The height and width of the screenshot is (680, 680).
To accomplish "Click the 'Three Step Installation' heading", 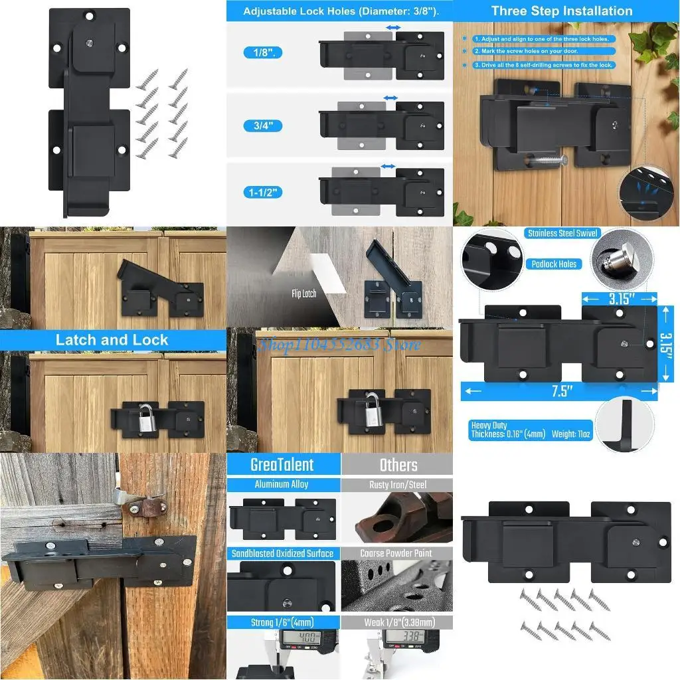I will (x=562, y=11).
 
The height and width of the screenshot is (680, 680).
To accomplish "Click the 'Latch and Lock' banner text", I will (x=112, y=340).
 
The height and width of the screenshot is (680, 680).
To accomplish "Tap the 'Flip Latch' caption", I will (x=303, y=293).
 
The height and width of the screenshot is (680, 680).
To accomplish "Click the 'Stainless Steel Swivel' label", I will (x=562, y=233).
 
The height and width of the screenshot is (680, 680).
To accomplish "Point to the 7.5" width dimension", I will (x=561, y=391).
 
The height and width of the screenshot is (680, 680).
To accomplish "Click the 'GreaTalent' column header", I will (x=282, y=465).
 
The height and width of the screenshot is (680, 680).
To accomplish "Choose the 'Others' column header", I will (x=398, y=465).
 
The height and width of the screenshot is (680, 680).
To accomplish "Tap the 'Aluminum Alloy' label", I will (x=282, y=485).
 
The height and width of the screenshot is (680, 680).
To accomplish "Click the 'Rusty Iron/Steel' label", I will (x=398, y=485).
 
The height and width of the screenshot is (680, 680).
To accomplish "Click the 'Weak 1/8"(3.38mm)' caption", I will (x=398, y=622).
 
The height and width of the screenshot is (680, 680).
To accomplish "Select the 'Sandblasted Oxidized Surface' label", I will (x=282, y=553).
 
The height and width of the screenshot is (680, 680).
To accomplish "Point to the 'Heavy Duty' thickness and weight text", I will (x=530, y=430).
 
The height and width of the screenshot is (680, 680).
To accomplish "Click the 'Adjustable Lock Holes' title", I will (x=341, y=11).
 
